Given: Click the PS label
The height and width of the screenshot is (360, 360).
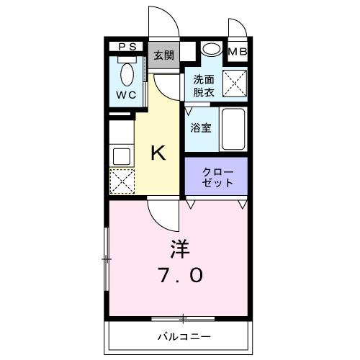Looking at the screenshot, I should coord(127,47).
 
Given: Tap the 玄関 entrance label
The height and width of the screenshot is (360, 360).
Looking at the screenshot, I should coord(163,56).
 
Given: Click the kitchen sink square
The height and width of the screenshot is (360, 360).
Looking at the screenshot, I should coord(120,155).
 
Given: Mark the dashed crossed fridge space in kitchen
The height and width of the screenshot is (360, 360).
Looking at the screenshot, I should coord(121,180).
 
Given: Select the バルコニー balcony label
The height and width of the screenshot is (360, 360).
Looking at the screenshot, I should coord(180,336).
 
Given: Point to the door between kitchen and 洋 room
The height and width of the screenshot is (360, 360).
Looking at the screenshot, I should coord(160,212).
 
